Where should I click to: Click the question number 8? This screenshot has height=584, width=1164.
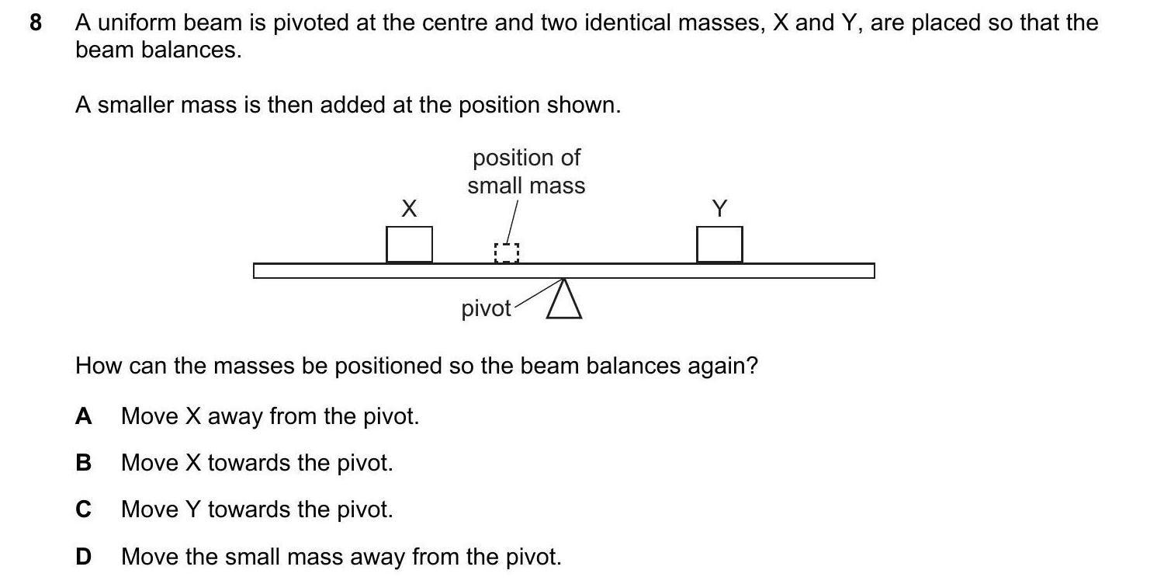click(35, 23)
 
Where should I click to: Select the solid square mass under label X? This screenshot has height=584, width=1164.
click(409, 244)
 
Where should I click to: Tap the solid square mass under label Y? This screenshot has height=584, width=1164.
click(719, 244)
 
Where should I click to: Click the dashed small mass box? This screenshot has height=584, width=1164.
click(506, 252)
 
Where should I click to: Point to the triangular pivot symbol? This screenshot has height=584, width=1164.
click(564, 301)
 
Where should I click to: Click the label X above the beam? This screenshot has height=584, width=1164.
click(409, 208)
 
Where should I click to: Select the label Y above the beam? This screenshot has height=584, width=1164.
click(719, 208)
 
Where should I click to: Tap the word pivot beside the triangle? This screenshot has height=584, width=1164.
click(486, 309)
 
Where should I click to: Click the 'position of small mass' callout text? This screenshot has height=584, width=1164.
click(526, 172)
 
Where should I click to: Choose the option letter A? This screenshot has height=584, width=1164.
click(83, 416)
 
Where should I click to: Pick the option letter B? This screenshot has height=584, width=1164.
click(83, 463)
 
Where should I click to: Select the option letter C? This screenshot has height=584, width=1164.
click(83, 509)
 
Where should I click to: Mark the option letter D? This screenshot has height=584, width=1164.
click(83, 556)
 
